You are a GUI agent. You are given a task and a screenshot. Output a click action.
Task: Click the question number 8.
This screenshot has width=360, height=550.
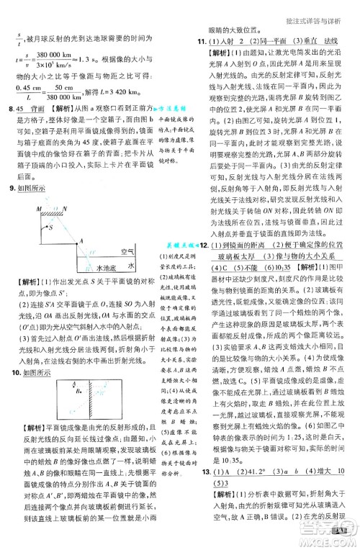pyautogui.click(x=9, y=107)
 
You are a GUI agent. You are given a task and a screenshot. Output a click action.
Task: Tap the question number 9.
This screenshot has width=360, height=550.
pyautogui.click(x=9, y=190)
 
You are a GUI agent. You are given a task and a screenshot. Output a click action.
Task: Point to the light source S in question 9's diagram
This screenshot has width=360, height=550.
pyautogui.click(x=49, y=227)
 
